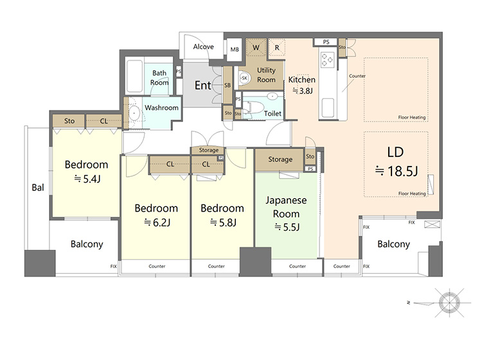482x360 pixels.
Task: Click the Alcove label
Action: [203, 47]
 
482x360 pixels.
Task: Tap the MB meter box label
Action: [235, 50]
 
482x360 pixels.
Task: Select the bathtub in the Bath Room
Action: [135, 76]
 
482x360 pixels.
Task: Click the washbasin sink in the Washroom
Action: [134, 113]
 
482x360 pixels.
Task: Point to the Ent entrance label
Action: [203, 85]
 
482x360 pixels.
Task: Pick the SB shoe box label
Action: [228, 85]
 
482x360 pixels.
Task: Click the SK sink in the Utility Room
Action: [244, 78]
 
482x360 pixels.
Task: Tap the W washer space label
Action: [256, 48]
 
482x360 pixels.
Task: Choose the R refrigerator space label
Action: [277, 48]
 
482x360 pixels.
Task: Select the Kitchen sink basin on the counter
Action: [328, 107]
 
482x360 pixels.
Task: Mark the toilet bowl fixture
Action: [254, 107]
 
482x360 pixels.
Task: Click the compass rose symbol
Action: [449, 303]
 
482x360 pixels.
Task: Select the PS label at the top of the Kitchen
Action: [326, 42]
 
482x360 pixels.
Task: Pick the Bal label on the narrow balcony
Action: [38, 188]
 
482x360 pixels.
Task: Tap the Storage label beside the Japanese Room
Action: [280, 159]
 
